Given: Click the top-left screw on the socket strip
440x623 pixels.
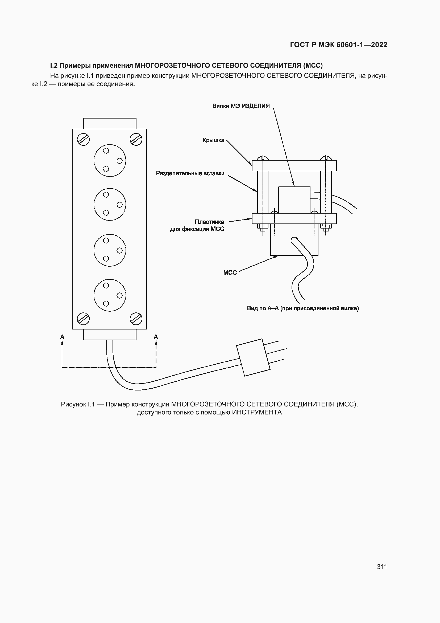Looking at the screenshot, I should [x=83, y=140].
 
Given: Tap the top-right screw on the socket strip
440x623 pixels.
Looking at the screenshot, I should [x=136, y=140].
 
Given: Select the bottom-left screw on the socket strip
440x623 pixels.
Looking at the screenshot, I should [x=83, y=319].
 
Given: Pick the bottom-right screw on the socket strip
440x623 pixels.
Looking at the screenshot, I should [x=136, y=319].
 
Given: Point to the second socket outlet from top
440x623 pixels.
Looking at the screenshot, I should [x=110, y=204].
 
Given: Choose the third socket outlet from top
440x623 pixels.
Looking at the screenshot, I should [x=110, y=250].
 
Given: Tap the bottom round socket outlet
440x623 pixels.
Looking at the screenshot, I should [x=110, y=295].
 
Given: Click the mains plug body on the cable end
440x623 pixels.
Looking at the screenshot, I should [x=253, y=357].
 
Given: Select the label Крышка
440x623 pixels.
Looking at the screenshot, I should [x=214, y=140].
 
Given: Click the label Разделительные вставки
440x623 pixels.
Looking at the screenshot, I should [x=190, y=173].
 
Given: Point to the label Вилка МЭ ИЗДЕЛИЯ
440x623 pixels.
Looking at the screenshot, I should [x=241, y=106].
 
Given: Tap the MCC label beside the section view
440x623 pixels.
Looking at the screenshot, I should [x=230, y=272].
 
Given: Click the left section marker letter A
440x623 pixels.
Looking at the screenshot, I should [x=62, y=337].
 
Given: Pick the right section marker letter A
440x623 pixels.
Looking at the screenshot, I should [x=156, y=337].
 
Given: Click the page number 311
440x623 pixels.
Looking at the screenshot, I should [x=382, y=567].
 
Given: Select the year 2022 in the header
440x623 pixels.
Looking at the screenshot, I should [x=379, y=45].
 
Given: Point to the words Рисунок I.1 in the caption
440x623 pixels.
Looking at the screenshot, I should [x=78, y=404].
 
